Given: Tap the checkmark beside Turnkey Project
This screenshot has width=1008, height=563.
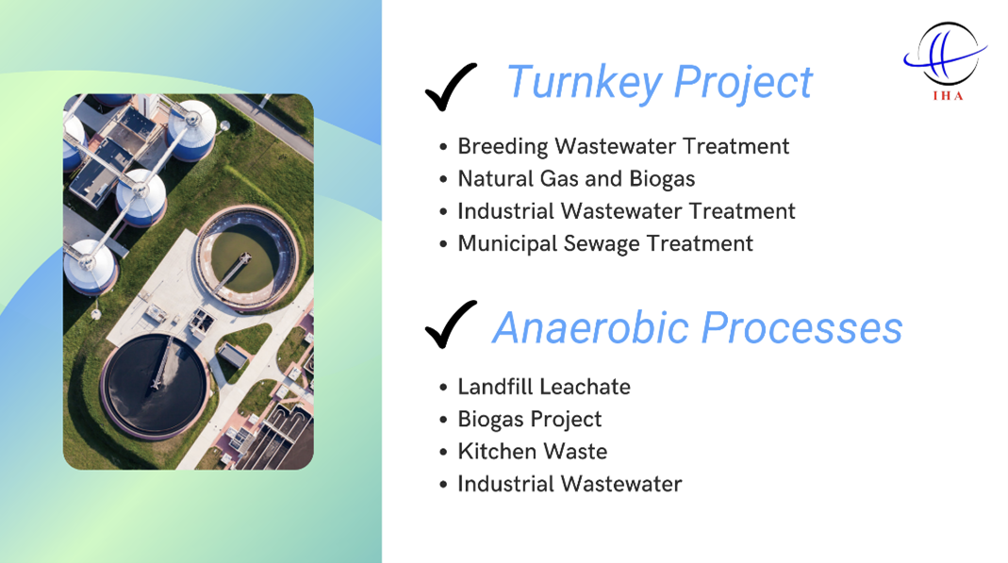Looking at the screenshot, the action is click(451, 87).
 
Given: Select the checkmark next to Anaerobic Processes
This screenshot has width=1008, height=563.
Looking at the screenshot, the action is click(451, 324).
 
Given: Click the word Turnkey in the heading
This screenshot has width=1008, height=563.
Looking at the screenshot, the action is click(585, 83).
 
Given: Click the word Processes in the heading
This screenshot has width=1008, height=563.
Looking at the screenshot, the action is click(801, 327).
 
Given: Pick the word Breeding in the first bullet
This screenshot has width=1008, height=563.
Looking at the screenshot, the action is click(503, 146).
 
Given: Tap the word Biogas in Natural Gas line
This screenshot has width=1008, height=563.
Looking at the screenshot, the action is click(662, 179).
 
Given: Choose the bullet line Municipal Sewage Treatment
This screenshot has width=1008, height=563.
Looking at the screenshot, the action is click(605, 244).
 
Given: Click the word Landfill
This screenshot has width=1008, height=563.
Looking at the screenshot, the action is click(492, 387).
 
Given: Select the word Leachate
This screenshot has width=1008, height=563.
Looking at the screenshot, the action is click(582, 387).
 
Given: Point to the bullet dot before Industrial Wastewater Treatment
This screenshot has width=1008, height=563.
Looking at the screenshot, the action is click(443, 212).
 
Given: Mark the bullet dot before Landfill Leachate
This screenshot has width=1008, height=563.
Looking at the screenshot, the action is click(443, 389).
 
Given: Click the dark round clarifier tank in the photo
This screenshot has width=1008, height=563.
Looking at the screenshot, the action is click(155, 387).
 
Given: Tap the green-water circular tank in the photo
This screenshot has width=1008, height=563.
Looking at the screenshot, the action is click(246, 257).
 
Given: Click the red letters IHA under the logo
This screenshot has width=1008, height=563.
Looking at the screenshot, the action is click(949, 96).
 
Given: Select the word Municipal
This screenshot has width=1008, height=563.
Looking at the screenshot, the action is click(507, 244).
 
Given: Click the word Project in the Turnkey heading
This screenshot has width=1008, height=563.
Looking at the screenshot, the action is click(743, 83).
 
